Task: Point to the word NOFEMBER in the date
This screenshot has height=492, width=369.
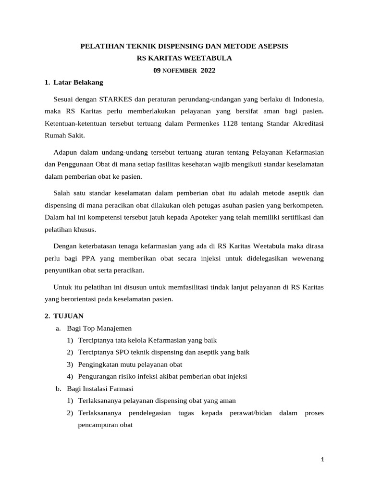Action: pos(179,71)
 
